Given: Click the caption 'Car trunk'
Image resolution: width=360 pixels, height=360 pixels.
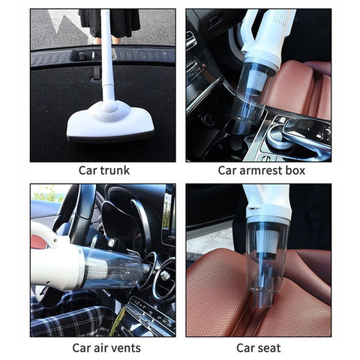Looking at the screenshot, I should [104, 170].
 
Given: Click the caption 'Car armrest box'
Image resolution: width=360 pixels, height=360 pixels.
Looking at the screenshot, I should [261, 170].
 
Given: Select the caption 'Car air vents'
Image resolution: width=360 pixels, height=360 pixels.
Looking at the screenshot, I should [106, 347].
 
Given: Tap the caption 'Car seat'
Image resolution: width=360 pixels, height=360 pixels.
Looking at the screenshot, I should [258, 347].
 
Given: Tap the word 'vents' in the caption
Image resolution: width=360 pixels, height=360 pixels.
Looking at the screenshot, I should [124, 347].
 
